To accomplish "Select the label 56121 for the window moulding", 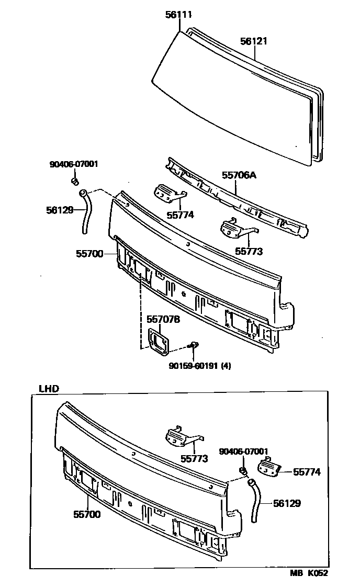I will click(254, 41).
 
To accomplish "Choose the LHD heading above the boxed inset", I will click(49, 388).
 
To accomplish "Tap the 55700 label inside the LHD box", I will click(86, 514).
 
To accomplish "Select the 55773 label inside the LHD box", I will click(194, 459).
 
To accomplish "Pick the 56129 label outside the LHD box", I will click(60, 210).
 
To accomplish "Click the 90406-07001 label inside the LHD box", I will click(244, 451).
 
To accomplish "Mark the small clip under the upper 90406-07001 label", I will click(74, 181).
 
